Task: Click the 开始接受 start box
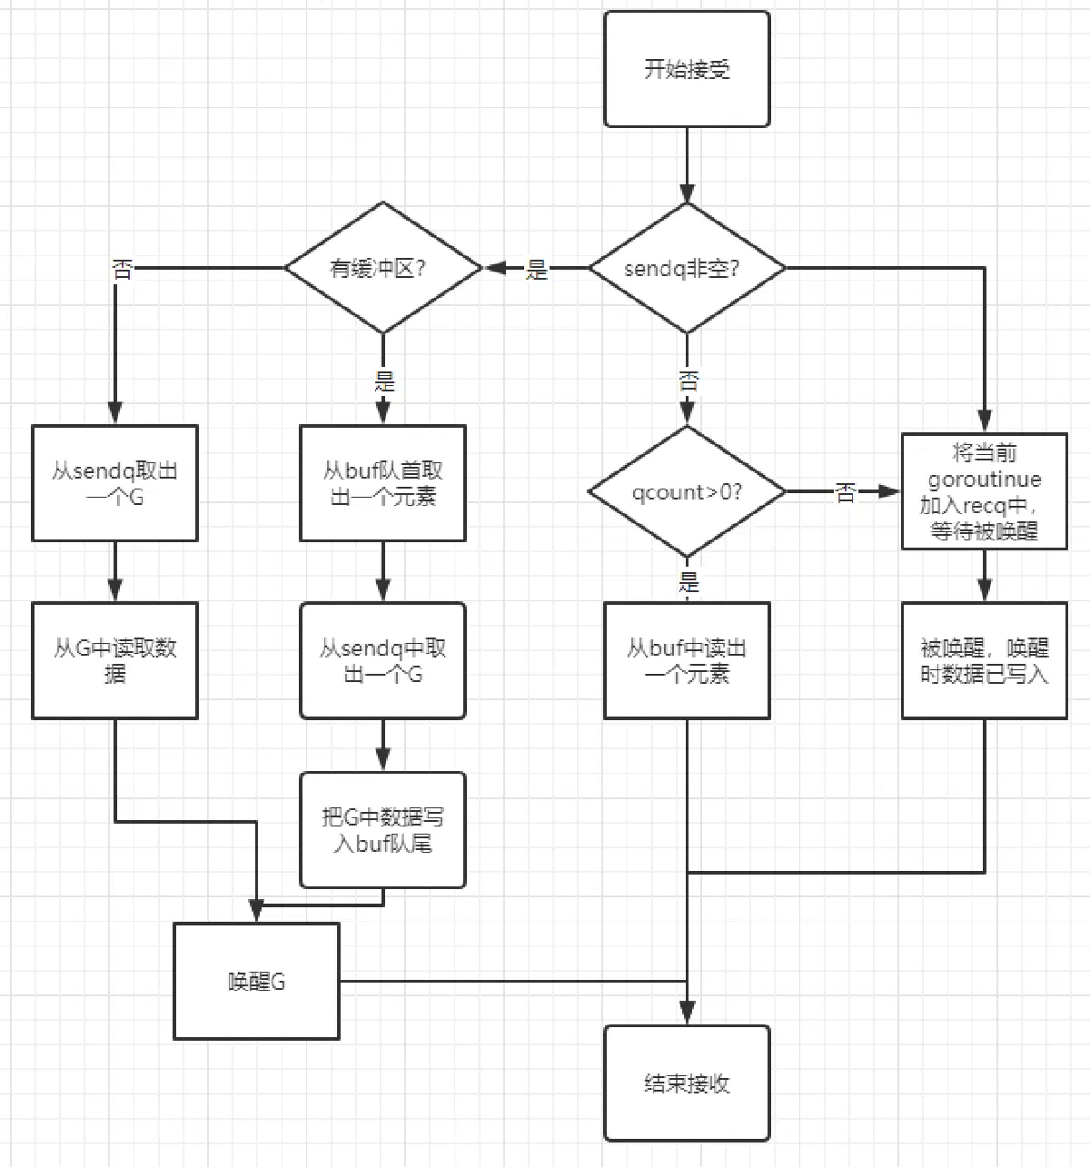pos(687,69)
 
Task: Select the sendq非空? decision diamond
pos(687,268)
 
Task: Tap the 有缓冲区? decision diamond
pos(383,268)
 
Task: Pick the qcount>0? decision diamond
pos(687,491)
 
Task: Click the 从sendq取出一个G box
pos(114,483)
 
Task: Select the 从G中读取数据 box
pos(114,660)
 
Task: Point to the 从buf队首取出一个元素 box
pos(382,483)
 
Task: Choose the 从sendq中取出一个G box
pos(382,660)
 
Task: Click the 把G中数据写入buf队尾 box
pos(382,829)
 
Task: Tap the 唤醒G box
pos(256,981)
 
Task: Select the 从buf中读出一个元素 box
pos(687,660)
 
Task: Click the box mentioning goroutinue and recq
pos(984,491)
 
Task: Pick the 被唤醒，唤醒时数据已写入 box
pos(984,660)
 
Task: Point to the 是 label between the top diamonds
pos(536,270)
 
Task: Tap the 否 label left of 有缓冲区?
pos(123,270)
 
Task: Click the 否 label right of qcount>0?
pos(846,492)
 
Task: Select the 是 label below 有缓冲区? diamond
pos(384,381)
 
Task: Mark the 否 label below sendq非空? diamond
pos(689,381)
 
